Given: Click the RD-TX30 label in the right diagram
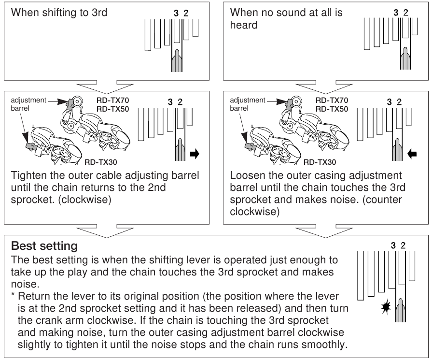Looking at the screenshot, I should click(x=321, y=163).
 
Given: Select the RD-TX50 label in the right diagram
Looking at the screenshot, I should click(x=332, y=109).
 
